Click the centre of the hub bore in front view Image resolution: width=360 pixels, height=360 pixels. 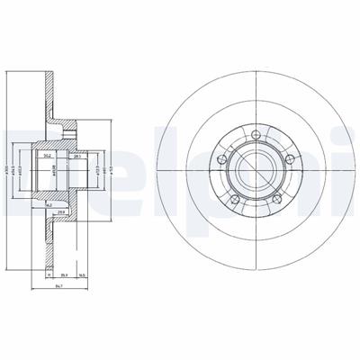click(x=256, y=170)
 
